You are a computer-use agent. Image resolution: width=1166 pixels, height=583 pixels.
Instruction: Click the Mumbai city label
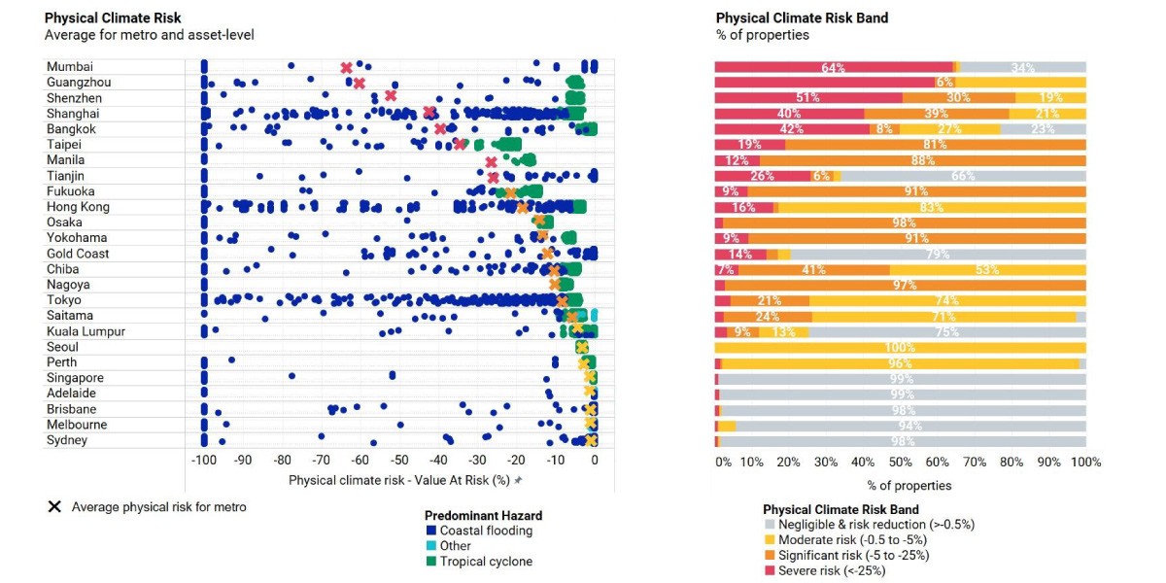[70, 67]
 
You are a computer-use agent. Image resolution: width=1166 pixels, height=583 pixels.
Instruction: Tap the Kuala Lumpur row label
[86, 331]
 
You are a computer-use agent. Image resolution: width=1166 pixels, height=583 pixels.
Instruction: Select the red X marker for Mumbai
[346, 68]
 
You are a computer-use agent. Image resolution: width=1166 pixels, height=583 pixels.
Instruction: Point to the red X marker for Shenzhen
[391, 96]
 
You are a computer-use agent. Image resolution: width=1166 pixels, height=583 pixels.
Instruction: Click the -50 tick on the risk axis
[399, 461]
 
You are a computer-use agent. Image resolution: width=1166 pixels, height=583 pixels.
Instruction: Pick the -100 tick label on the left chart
[204, 461]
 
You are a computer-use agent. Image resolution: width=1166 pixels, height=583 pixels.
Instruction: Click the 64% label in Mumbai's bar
[833, 68]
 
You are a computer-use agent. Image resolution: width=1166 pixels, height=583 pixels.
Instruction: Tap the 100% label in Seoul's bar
[900, 347]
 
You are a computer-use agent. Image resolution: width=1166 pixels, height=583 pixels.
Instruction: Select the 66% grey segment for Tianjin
[964, 176]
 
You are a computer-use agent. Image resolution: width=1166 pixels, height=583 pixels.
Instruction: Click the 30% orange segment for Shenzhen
[959, 98]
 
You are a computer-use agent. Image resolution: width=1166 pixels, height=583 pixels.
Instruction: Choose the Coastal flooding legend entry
[480, 531]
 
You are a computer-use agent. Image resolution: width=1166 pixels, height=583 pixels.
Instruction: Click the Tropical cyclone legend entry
[480, 562]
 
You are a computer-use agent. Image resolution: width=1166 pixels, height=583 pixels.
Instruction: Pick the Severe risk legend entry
[826, 570]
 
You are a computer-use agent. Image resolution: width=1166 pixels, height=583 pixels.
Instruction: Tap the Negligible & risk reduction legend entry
[870, 524]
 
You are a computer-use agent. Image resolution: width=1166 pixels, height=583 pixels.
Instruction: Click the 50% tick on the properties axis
[901, 463]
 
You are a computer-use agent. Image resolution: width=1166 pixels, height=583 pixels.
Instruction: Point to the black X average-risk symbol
[54, 506]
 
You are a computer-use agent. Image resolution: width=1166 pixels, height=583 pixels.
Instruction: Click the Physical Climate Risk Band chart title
[803, 18]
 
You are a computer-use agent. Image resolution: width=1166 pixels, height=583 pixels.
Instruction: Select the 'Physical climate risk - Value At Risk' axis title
[399, 480]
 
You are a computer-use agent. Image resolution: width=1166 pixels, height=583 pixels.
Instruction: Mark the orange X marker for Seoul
[582, 347]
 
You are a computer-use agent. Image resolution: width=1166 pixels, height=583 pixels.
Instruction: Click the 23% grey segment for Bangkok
[1044, 129]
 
